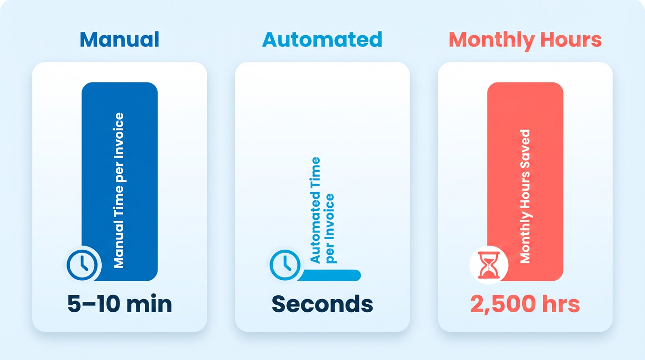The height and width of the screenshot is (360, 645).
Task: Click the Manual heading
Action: [119, 39]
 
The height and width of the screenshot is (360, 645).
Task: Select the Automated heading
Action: [322, 39]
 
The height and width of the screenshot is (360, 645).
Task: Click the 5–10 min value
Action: [120, 304]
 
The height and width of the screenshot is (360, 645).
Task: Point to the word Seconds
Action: [322, 304]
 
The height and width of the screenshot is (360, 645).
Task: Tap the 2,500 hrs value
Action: [525, 304]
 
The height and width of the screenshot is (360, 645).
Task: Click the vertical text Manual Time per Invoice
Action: [120, 190]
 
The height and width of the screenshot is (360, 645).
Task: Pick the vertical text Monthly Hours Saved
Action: [525, 196]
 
